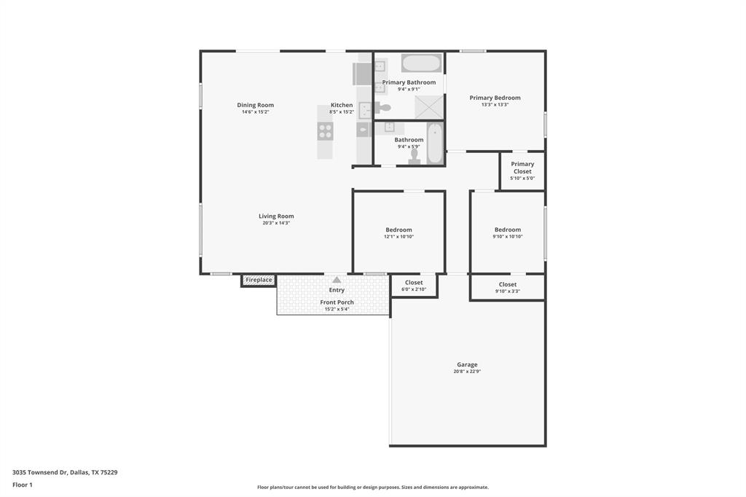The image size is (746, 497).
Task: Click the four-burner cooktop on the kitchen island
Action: pyautogui.click(x=325, y=131)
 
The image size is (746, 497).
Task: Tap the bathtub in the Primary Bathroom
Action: pyautogui.click(x=421, y=63)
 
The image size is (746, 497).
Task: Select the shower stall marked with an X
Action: pyautogui.click(x=429, y=108)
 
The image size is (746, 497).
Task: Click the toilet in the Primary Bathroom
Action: pyautogui.click(x=383, y=108)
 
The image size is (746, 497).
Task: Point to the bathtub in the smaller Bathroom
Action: pyautogui.click(x=434, y=144)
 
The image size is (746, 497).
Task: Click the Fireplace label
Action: pyautogui.click(x=259, y=280)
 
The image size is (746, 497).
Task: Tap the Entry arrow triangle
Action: pyautogui.click(x=337, y=280)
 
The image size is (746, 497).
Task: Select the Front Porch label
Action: pyautogui.click(x=337, y=302)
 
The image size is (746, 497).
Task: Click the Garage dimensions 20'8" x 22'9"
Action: pyautogui.click(x=467, y=372)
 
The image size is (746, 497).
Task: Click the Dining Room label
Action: pyautogui.click(x=256, y=105)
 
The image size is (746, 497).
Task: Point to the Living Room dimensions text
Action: pyautogui.click(x=276, y=223)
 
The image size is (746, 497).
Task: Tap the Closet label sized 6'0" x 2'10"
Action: pyautogui.click(x=414, y=283)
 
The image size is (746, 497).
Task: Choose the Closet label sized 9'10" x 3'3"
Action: pyautogui.click(x=508, y=285)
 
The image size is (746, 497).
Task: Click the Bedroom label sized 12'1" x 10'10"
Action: pyautogui.click(x=398, y=230)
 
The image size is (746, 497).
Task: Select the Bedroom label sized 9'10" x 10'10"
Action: pyautogui.click(x=508, y=230)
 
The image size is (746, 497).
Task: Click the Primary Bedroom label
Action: pyautogui.click(x=495, y=98)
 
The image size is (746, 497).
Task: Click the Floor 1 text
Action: pyautogui.click(x=23, y=485)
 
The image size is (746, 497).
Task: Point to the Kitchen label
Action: pyautogui.click(x=342, y=105)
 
